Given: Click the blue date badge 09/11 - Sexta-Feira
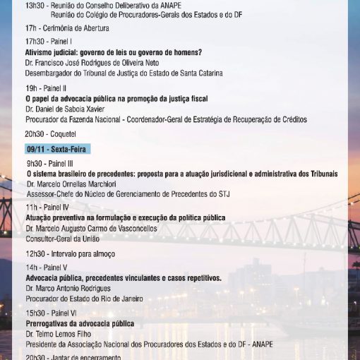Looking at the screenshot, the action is tap(58, 150).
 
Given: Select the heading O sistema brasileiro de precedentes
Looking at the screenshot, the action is tap(181, 174).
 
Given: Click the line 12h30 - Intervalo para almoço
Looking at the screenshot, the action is tap(70, 253).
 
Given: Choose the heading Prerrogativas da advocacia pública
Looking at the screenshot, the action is tap(79, 323).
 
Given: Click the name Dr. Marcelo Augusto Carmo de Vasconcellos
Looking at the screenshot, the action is tap(92, 229).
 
